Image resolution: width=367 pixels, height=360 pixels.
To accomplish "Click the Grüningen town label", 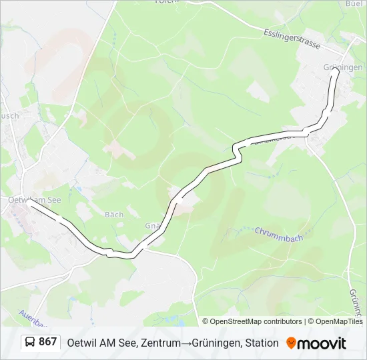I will click(343, 67).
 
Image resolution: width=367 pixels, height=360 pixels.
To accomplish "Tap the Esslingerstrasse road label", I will click(292, 38).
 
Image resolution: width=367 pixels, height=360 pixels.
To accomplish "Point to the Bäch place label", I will click(114, 215).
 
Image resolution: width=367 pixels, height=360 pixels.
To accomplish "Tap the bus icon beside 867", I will click(29, 342).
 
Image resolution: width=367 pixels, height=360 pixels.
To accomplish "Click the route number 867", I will click(48, 342).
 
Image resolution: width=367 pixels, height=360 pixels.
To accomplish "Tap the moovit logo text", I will click(322, 343).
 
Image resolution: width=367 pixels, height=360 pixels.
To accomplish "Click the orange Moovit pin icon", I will click(291, 343).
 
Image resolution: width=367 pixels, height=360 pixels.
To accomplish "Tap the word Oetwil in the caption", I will click(81, 343).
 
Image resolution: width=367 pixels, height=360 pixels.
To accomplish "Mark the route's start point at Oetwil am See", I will click(31, 205).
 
